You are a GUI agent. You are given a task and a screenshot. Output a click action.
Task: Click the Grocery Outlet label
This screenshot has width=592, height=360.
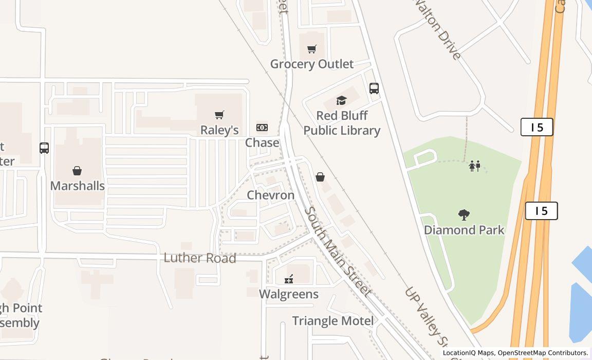tap(312, 64)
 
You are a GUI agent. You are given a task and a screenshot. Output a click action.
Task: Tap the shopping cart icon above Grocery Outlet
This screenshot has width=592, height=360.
tap(312, 49)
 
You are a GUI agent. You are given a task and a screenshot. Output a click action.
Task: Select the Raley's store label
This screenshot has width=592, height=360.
tap(219, 130)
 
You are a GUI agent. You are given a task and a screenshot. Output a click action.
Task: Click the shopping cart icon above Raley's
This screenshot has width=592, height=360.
tap(219, 115)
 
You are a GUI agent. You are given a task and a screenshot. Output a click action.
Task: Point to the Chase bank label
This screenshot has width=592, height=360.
tap(262, 142)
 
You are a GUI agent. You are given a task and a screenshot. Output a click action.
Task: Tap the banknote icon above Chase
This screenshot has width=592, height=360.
tap(262, 127)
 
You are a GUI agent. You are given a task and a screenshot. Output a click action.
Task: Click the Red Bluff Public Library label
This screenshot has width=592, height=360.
tap(342, 123)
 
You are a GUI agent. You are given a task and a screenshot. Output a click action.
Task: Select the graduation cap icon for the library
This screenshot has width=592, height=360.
tap(342, 101)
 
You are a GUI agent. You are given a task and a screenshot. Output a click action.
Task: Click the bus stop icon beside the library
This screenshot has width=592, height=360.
tap(374, 88)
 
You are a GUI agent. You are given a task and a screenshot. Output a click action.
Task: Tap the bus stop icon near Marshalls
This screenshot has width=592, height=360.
tap(44, 148)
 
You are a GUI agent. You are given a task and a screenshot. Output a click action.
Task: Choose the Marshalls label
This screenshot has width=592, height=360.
tap(78, 186)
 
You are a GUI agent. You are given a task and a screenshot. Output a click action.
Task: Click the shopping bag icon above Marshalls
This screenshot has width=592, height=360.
tap(77, 171)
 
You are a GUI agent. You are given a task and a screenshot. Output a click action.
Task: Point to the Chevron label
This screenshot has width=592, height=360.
tap(271, 195)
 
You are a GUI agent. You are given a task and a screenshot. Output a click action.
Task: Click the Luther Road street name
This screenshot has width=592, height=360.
tap(200, 258)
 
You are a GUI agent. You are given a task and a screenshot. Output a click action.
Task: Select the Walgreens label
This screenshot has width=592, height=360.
tap(289, 294)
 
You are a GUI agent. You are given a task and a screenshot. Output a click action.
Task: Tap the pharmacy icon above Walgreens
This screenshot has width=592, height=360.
tap(289, 279)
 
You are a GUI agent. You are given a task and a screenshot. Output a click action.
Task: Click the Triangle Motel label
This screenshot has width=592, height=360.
tap(333, 321)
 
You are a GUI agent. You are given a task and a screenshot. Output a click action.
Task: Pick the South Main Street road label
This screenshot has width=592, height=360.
tap(337, 251)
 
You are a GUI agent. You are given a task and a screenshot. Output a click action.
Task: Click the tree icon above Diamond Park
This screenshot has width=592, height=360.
tap(464, 215)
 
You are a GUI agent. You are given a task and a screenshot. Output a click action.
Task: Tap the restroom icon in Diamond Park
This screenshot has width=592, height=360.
tap(474, 166)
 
